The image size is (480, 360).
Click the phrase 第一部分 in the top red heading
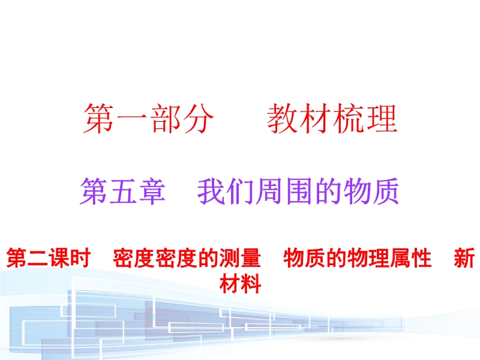(148, 118)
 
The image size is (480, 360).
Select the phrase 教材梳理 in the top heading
(332, 118)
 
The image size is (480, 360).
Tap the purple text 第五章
(122, 191)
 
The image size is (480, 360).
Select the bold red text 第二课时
(49, 258)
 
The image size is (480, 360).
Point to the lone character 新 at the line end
(464, 258)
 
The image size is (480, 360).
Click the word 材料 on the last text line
(241, 283)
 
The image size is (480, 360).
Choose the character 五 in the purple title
(122, 191)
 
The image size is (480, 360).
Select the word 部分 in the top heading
(181, 118)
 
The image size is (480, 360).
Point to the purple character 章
(152, 191)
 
